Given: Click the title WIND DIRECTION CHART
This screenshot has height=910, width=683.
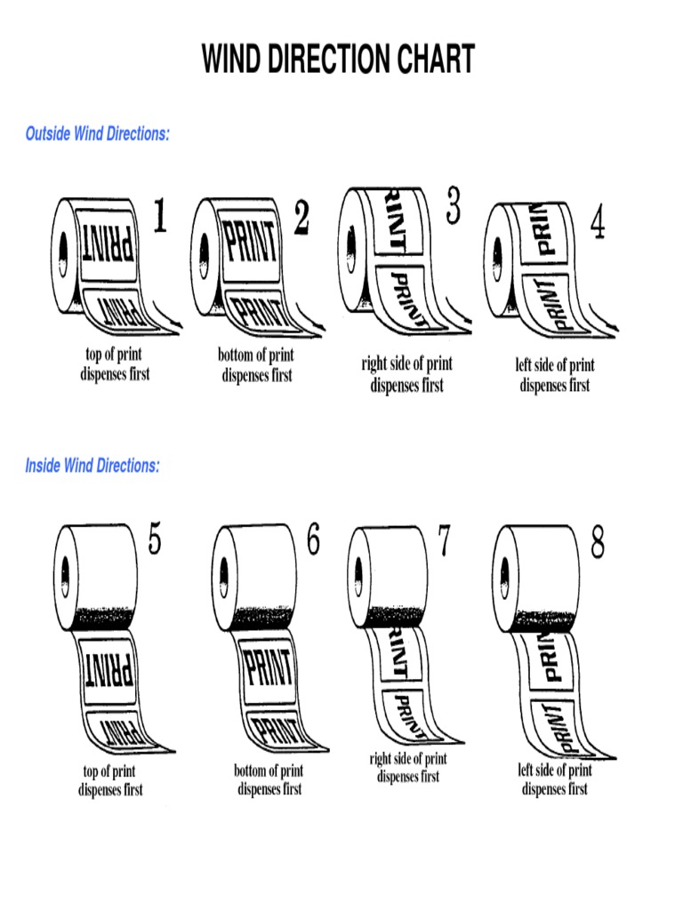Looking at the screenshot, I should [338, 60].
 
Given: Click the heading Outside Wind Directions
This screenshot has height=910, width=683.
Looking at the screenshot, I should [98, 133].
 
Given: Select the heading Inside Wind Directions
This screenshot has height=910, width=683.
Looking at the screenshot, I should [92, 466].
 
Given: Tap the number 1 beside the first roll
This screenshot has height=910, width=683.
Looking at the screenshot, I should [159, 217].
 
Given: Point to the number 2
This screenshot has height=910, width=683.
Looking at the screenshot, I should [301, 218].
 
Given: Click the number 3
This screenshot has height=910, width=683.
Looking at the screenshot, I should [453, 208].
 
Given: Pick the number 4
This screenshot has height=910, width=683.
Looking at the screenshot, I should [598, 224].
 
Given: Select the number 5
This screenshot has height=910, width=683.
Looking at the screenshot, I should [155, 541].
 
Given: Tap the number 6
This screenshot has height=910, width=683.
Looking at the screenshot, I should [312, 541].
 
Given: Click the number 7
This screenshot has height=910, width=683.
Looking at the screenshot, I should [442, 541].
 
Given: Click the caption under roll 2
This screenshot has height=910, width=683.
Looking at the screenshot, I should [256, 365].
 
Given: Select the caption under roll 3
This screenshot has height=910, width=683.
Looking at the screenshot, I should [406, 374].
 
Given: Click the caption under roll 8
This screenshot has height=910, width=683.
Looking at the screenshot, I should [555, 779].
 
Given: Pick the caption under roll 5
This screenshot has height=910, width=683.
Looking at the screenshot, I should [110, 780].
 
